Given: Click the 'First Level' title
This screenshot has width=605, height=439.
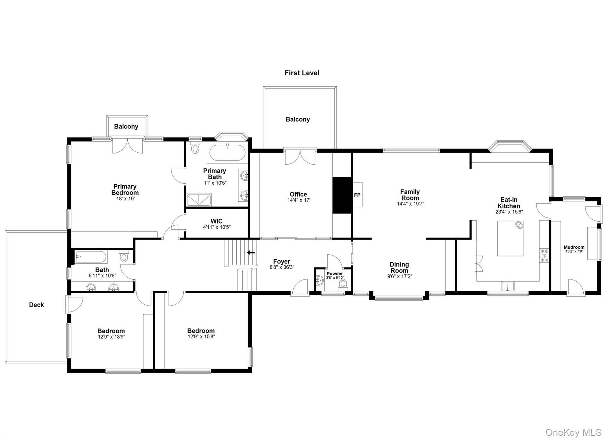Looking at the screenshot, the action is pyautogui.click(x=302, y=73).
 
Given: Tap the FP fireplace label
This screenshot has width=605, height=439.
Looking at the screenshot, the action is pyautogui.click(x=357, y=195).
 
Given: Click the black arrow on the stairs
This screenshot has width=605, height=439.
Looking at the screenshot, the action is pyautogui.click(x=251, y=252).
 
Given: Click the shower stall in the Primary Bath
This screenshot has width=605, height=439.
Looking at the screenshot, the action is pyautogui.click(x=199, y=200).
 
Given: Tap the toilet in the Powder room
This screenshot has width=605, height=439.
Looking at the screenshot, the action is pyautogui.click(x=343, y=284).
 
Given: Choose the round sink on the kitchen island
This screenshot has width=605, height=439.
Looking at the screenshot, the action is pyautogui.click(x=519, y=225).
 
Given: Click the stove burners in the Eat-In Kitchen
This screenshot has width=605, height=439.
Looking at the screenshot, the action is pyautogui.click(x=544, y=256).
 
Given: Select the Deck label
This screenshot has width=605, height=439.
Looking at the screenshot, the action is pyautogui.click(x=37, y=305).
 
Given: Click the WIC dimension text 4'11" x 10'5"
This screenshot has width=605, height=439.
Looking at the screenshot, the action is pyautogui.click(x=217, y=227).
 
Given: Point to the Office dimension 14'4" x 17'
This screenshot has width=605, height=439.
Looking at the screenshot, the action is pyautogui.click(x=299, y=200).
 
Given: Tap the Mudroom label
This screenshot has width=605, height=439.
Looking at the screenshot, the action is pyautogui.click(x=574, y=247).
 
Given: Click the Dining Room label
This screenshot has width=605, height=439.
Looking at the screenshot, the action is pyautogui.click(x=399, y=267).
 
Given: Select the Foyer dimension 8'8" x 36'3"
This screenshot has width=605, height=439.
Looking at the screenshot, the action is pyautogui.click(x=282, y=267).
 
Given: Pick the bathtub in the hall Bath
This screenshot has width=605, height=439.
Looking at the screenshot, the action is pyautogui.click(x=91, y=257).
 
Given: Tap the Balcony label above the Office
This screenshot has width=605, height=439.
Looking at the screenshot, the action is pyautogui.click(x=298, y=119).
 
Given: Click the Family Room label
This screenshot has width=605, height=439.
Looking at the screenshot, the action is pyautogui.click(x=410, y=195).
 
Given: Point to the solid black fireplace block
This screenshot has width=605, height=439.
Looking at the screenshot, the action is pyautogui.click(x=342, y=195).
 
